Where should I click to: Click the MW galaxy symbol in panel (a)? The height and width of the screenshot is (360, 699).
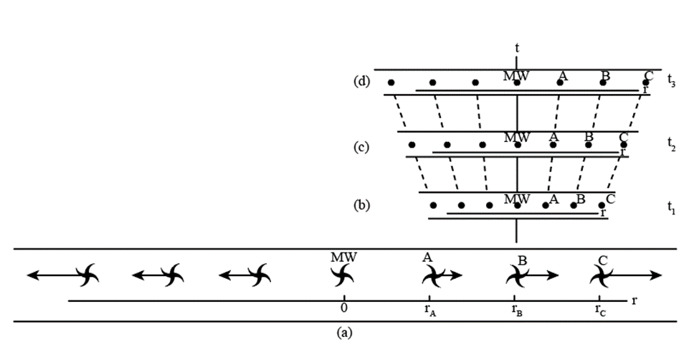tap(343, 274)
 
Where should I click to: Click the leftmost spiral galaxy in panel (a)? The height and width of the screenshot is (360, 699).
tap(87, 274)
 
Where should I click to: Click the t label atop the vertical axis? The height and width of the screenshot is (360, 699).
tap(517, 47)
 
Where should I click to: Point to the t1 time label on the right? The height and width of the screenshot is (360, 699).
tap(670, 208)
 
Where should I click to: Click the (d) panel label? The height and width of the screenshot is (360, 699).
tap(361, 80)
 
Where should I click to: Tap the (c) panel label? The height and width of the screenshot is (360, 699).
tap(361, 147)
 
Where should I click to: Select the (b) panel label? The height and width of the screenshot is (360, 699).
tap(361, 205)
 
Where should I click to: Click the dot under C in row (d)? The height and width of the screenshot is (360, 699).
tap(645, 82)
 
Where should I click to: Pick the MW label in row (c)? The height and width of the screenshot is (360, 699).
tap(517, 137)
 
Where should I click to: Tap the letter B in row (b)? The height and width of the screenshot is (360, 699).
tap(581, 199)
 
